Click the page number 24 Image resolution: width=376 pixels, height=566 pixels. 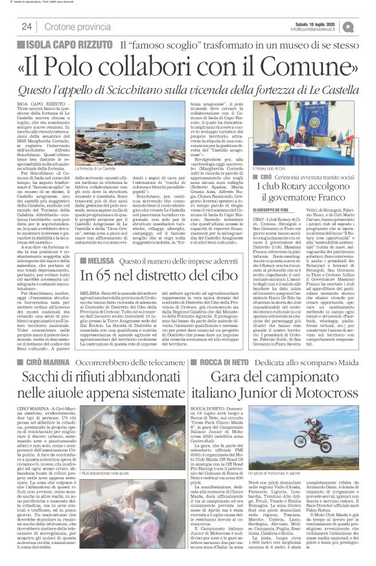pos(27,27)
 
